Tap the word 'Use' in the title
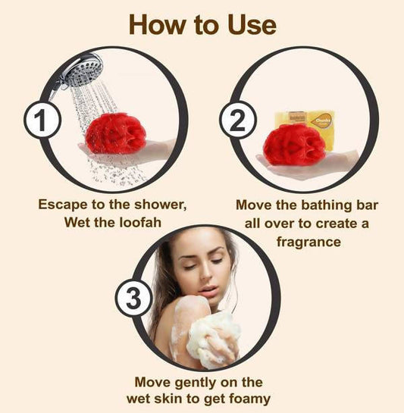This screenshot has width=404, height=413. click(x=252, y=24)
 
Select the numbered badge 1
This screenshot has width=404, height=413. click(x=42, y=120)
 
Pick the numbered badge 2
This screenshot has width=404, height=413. click(x=238, y=120)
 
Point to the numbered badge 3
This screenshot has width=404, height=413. click(x=133, y=298)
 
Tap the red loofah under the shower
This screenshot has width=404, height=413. click(x=116, y=133)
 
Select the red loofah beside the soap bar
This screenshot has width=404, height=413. click(x=295, y=145)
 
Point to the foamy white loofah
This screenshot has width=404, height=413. click(x=214, y=339)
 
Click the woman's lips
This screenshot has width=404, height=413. click(x=208, y=289)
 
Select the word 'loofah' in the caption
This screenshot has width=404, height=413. click(x=140, y=222)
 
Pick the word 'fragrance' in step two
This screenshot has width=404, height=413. click(x=308, y=242)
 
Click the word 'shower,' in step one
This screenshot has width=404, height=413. click(x=161, y=205)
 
